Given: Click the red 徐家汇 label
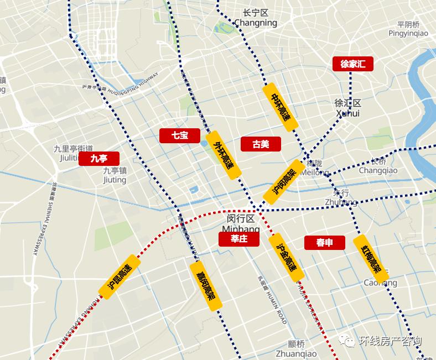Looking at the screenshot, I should click(353, 64).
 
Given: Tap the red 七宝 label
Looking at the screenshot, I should click(180, 135).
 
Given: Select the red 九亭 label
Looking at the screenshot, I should click(98, 159).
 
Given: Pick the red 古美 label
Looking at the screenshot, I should click(261, 144).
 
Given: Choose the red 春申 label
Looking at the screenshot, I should click(324, 242).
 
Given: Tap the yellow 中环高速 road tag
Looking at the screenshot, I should click(281, 107).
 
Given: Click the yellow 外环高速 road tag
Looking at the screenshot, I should click(224, 155).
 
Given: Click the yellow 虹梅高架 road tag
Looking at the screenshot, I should click(371, 258).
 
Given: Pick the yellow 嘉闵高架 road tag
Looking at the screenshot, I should click(206, 286).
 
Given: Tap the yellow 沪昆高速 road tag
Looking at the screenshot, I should click(120, 277).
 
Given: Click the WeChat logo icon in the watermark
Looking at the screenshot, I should click(347, 341).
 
